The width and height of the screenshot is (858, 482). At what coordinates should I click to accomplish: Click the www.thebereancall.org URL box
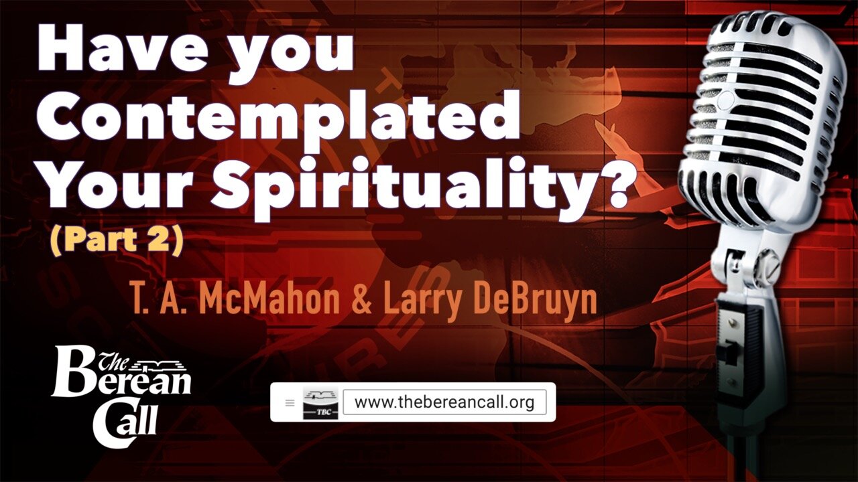point(444,402)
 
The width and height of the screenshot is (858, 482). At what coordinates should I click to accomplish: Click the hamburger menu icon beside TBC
point(290,403)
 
